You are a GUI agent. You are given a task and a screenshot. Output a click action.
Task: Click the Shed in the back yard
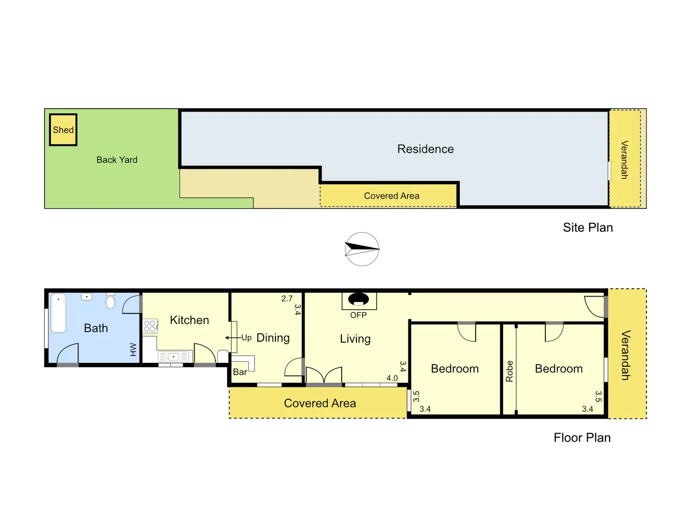[x=63, y=130]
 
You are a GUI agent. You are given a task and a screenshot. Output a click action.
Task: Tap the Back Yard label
[x=117, y=160]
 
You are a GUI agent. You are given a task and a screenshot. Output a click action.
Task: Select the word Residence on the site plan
[x=425, y=149]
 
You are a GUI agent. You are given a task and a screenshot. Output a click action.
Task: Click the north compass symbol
[x=362, y=249]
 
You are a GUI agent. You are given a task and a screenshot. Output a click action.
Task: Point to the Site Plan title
[x=588, y=228]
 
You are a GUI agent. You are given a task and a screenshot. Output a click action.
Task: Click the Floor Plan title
[x=582, y=438]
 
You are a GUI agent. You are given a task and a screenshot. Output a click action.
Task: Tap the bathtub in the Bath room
[x=58, y=313]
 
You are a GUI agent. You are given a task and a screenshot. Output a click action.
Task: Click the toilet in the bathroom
[x=110, y=301]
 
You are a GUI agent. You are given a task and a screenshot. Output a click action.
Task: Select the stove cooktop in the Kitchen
[x=150, y=326]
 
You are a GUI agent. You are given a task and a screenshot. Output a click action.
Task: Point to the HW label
[x=133, y=349]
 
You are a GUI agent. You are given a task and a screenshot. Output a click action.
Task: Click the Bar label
[x=240, y=372]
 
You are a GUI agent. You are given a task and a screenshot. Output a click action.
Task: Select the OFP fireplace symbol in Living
[x=358, y=300]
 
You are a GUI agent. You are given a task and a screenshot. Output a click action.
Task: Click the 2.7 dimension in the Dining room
[x=287, y=299]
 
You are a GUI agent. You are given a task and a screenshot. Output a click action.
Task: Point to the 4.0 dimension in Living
[x=392, y=378]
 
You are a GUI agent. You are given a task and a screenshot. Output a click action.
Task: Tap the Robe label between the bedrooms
[x=509, y=371]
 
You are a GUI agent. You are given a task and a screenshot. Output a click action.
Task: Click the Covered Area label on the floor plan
[x=320, y=403]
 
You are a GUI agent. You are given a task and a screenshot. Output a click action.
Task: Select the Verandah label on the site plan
[x=624, y=160]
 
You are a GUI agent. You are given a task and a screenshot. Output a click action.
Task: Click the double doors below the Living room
[x=324, y=376]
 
